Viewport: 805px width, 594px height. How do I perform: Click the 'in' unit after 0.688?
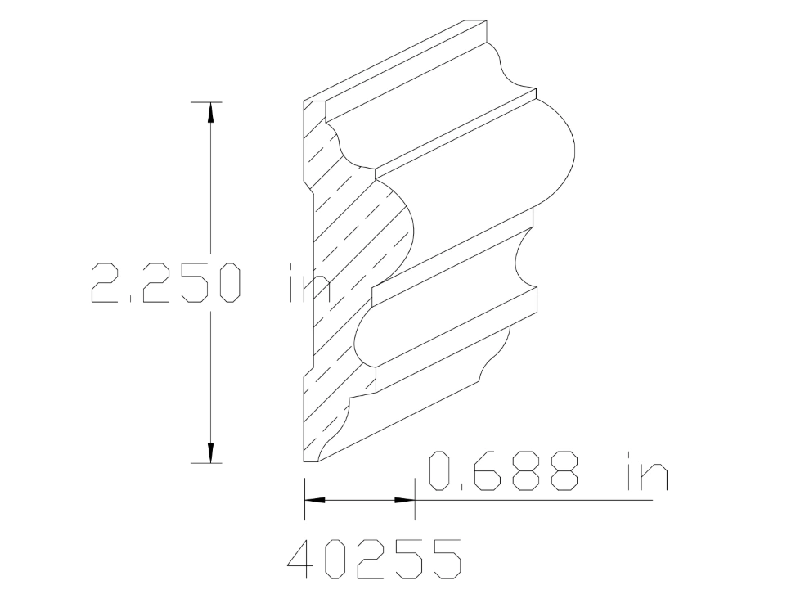pyautogui.click(x=646, y=471)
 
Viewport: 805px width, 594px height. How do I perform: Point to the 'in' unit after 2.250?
pyautogui.click(x=309, y=282)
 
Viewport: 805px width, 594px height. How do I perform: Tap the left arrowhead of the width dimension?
pyautogui.click(x=315, y=499)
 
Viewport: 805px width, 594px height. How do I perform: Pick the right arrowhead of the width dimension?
pyautogui.click(x=406, y=499)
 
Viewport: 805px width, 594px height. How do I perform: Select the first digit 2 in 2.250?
pyautogui.click(x=107, y=282)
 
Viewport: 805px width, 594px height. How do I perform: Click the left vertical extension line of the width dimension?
pyautogui.click(x=304, y=499)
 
